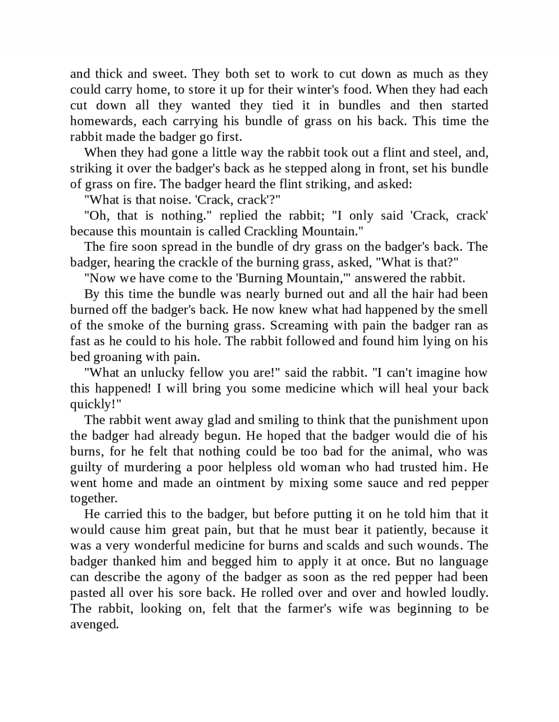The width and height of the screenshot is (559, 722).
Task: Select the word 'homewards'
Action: (x=97, y=121)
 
